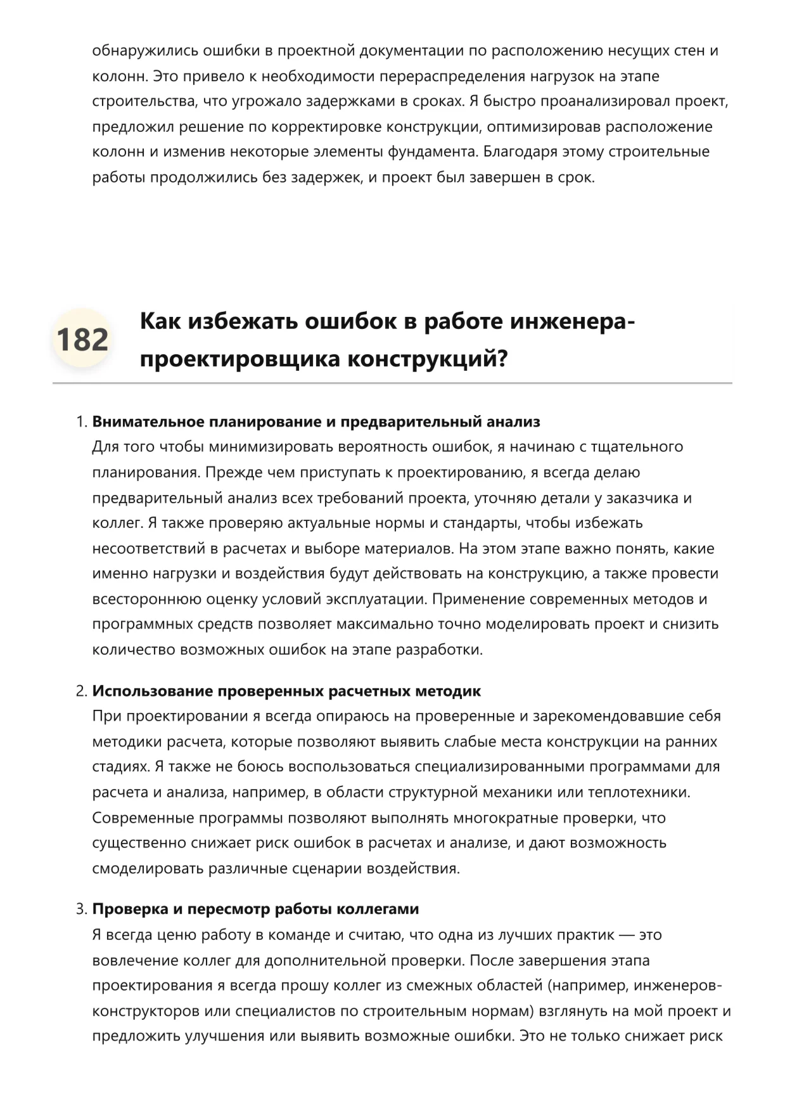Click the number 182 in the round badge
pos(82,340)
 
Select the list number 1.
pos(80,422)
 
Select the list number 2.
pos(80,691)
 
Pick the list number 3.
pos(80,909)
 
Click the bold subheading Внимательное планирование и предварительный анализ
pos(316,422)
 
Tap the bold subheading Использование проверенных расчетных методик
pos(286,691)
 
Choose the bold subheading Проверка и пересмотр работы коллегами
pos(255,909)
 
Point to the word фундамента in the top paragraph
pos(433,152)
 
